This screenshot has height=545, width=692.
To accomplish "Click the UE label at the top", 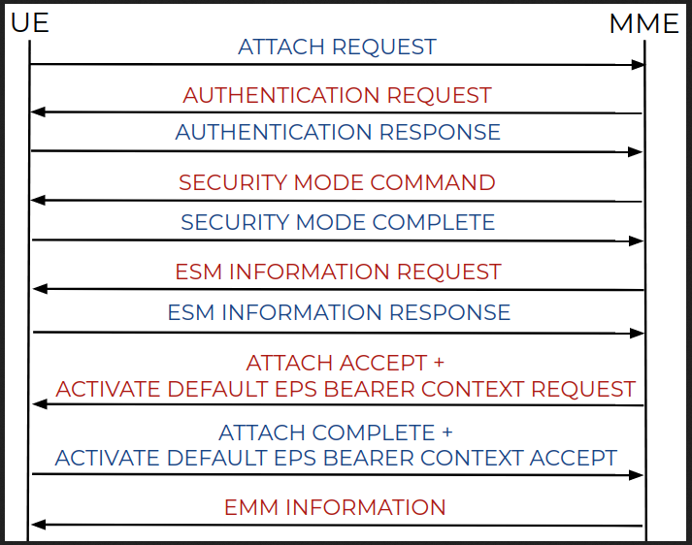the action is coord(29,22).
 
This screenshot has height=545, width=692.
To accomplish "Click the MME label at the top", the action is coord(643,23).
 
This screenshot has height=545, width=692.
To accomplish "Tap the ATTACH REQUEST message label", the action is coord(337,48).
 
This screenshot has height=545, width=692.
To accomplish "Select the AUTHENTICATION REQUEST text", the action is coord(337,95).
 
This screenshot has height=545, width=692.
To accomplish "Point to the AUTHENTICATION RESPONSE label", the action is coord(338,132).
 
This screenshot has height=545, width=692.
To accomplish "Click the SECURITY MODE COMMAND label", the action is coord(337,182).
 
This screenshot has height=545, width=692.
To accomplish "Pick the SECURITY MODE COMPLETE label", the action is coord(338,222).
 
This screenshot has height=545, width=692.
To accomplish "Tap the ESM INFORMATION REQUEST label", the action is coord(338,272).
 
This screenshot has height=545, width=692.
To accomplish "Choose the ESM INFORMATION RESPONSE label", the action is coord(339,312).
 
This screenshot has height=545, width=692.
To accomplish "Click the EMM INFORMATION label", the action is coord(335,507).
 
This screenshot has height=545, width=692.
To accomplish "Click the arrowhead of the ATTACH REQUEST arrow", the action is coord(639,65).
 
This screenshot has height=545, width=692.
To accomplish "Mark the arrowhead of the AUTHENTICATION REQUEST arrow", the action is coord(38,112).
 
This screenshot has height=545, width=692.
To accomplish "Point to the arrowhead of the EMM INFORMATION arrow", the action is coord(39,525).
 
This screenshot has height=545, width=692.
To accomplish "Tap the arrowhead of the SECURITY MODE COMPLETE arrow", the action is coord(637,241).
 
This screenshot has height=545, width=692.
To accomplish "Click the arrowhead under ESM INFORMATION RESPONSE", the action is coord(638,334).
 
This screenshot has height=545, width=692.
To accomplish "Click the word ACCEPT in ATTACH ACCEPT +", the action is coord(383,364).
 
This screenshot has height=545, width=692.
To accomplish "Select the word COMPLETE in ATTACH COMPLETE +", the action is coord(374,433).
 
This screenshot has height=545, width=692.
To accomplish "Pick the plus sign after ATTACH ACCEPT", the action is coord(439,363).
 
